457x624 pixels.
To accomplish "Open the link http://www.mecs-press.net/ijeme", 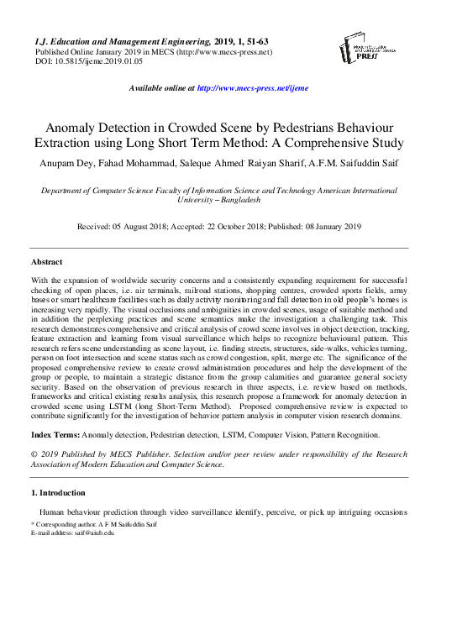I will pos(252,87).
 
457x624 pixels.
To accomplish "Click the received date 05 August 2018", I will pos(165,226).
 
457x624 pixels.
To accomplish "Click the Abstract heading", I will pos(46,263).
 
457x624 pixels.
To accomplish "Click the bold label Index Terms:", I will pos(55,434).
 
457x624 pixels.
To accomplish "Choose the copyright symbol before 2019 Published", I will pos(34,454).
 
